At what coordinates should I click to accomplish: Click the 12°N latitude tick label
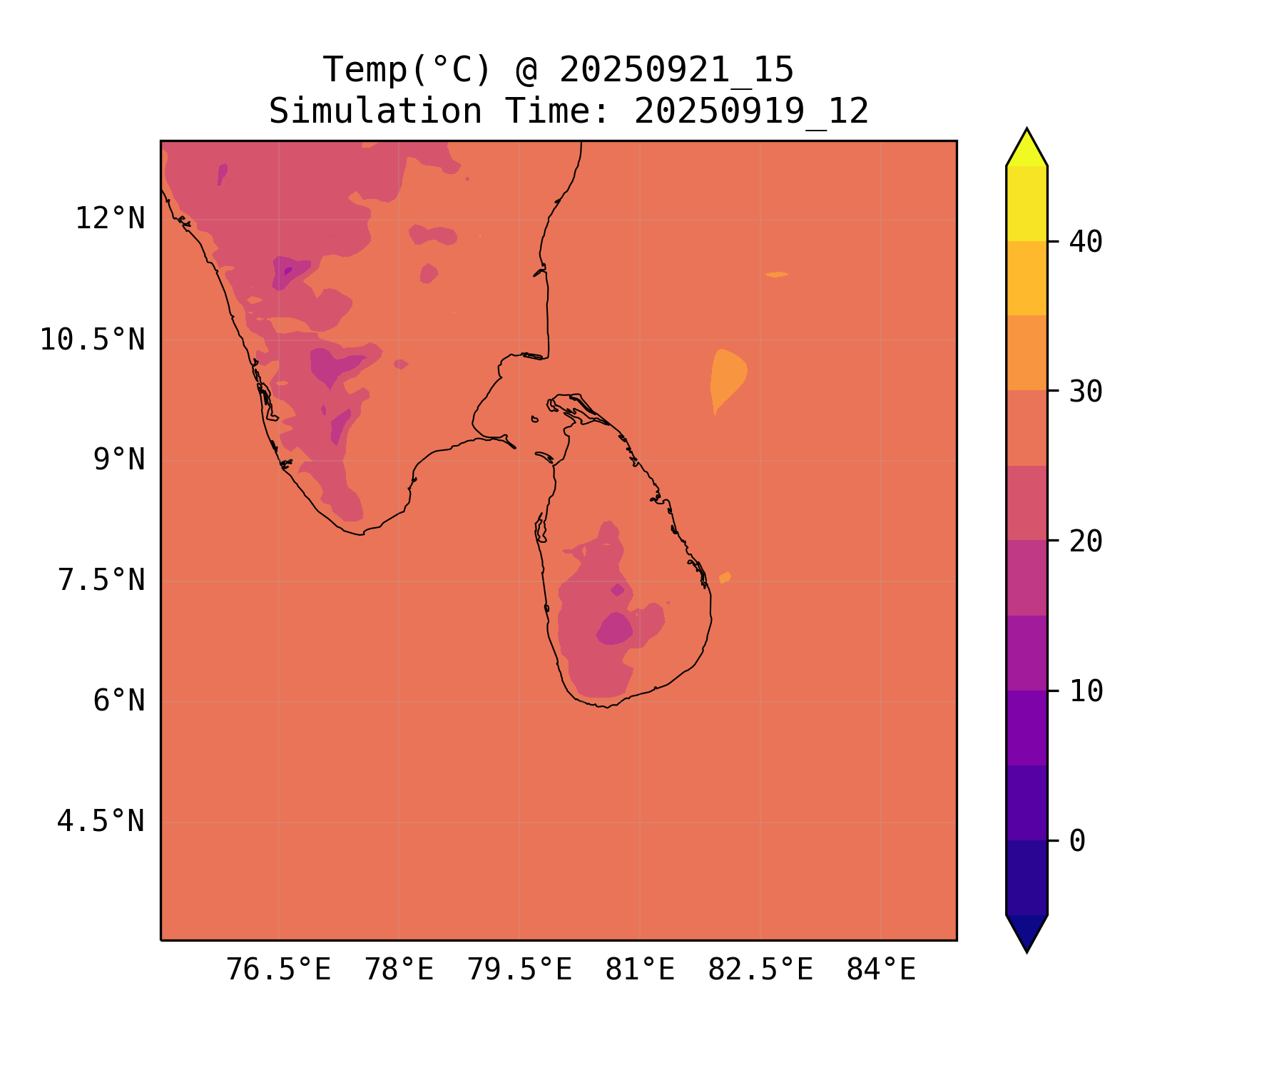pos(110,218)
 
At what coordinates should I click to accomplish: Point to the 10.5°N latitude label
pos(92,340)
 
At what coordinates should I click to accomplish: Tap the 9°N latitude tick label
pos(118,460)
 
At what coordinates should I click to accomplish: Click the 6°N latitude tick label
pos(118,701)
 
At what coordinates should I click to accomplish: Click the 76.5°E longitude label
pos(278,970)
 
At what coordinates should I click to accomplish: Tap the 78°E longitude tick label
pos(399,970)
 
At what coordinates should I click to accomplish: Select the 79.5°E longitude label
pos(519,970)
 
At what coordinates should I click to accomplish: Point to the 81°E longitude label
pos(640,970)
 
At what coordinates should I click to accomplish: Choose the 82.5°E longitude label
pos(760,970)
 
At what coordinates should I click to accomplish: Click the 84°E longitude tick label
pos(881,970)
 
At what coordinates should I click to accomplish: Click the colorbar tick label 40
pos(1086,242)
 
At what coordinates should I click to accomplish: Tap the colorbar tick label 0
pos(1077,841)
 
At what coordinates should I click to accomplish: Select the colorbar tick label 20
pos(1086,541)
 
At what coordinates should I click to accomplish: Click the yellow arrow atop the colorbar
pos(1026,149)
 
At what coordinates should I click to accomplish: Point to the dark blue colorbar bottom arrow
pos(1026,931)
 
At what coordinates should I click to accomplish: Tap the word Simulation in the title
pos(375,111)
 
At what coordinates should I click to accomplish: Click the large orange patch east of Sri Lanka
pos(728,378)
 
